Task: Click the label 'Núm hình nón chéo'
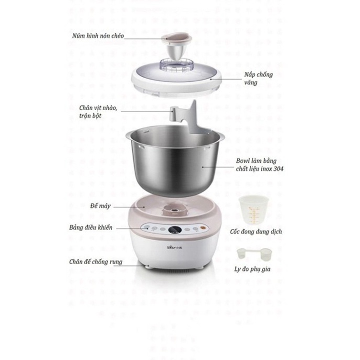tap(98, 36)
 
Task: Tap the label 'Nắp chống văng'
tap(258, 78)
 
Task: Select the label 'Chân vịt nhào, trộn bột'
tap(98, 112)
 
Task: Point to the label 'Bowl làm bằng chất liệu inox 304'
tap(259, 165)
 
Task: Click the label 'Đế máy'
tap(100, 206)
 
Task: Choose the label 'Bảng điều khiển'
tap(91, 227)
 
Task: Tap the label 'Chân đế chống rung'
tap(96, 261)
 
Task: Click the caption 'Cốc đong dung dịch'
tap(256, 232)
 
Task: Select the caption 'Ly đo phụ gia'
tap(252, 269)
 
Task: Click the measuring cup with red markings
tap(253, 210)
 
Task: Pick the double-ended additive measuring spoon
tap(254, 254)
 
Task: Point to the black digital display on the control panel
tap(175, 230)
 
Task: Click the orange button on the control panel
tap(203, 228)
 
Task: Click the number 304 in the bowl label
tap(278, 169)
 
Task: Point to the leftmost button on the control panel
tap(147, 227)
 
